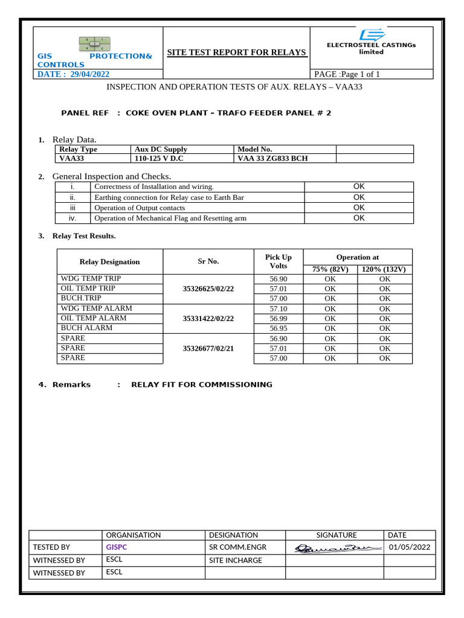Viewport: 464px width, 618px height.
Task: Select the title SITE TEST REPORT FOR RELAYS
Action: [x=236, y=53]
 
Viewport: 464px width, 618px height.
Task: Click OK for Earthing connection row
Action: [x=359, y=197]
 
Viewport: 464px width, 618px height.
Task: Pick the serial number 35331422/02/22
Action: [x=208, y=318]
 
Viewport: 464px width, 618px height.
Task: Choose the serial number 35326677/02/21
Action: [x=208, y=348]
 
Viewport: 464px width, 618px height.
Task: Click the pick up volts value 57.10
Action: [x=279, y=308]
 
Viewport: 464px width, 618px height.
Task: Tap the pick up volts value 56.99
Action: [x=279, y=318]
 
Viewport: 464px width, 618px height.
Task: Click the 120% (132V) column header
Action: [x=384, y=269]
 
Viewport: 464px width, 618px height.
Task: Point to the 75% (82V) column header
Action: [x=330, y=269]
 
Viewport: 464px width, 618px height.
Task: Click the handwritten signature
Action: [x=334, y=548]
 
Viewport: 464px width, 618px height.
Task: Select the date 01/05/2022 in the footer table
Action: [x=410, y=547]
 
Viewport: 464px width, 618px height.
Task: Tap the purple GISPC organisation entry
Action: [x=117, y=547]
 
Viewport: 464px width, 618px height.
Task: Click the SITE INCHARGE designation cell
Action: [x=235, y=560]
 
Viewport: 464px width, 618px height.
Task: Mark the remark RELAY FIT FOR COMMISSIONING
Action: [x=201, y=384]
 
